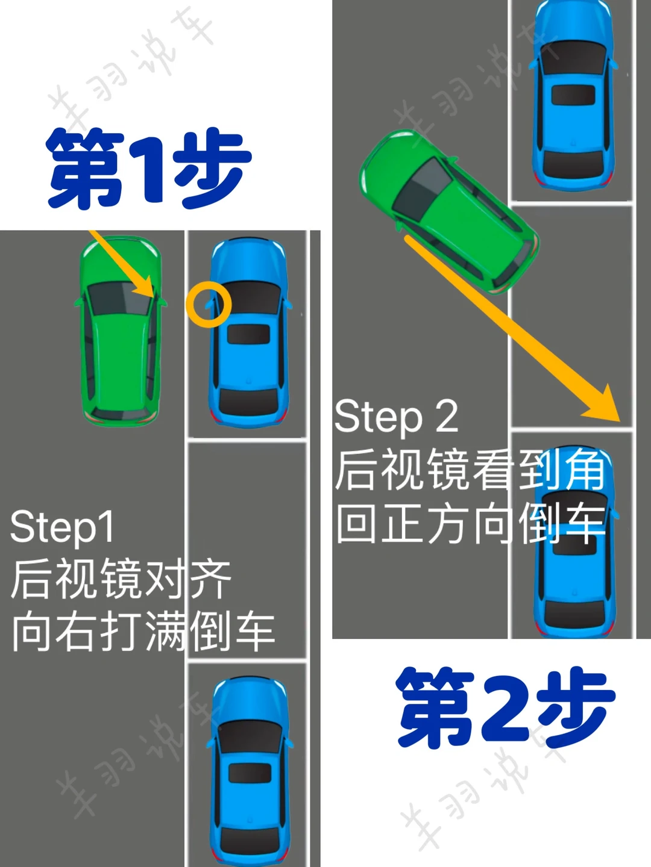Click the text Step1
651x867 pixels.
coord(63,526)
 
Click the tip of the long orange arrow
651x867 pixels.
coord(620,421)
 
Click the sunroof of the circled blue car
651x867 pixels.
coord(248,334)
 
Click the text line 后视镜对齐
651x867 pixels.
coord(121,579)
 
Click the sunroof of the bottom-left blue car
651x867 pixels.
coord(250,773)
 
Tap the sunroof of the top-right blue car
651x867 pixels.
coord(573,95)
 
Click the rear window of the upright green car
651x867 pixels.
coord(120,412)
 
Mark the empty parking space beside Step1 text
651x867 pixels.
coord(247,550)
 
